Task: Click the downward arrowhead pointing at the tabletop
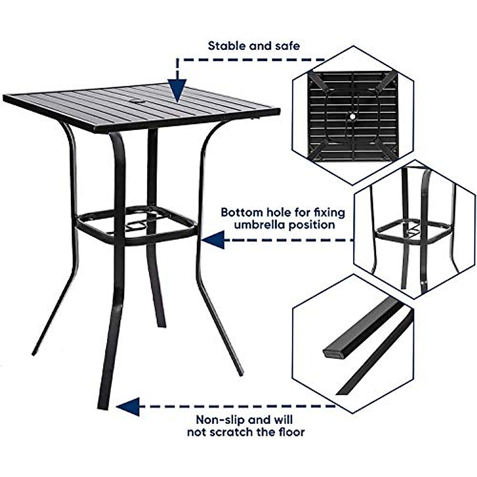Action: pos(177,91)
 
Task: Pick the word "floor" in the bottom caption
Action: pos(291,432)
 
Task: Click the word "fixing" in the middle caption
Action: pos(329,212)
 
